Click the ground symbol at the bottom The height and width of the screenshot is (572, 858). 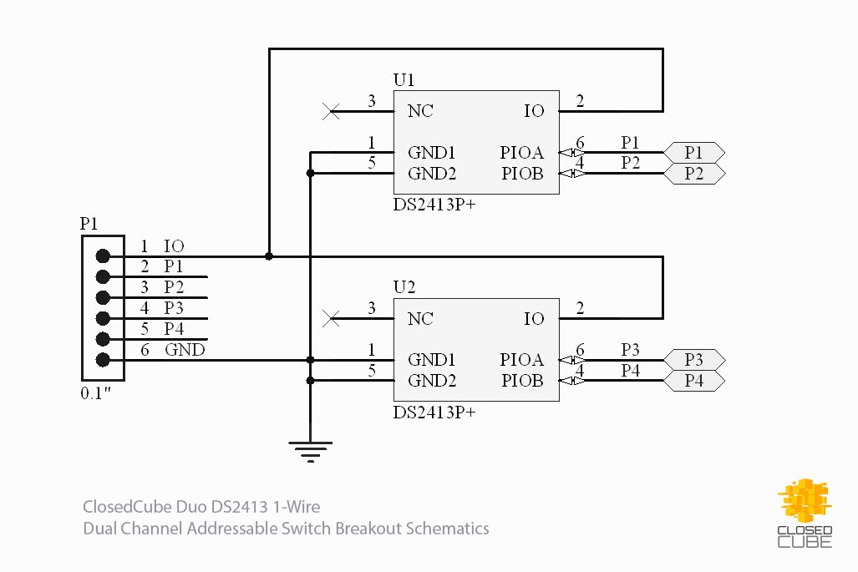[310, 451]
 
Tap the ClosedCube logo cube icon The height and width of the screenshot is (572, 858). [805, 501]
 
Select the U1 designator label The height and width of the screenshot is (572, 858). [404, 80]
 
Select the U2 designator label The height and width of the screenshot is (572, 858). [404, 287]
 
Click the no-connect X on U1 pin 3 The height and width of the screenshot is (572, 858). [331, 110]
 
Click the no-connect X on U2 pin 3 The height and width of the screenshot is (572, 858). [331, 318]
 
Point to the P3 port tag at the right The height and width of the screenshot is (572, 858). [693, 360]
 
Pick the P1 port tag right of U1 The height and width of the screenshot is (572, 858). [693, 153]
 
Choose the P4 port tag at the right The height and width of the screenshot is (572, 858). [693, 381]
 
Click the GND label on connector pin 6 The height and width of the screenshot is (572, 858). [185, 350]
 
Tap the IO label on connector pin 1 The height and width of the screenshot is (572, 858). [174, 246]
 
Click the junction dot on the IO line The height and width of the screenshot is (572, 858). [268, 256]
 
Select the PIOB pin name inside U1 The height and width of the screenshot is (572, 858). [522, 174]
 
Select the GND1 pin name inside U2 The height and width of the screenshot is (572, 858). [431, 360]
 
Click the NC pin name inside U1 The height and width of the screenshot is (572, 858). [420, 110]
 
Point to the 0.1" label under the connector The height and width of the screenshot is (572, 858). [95, 393]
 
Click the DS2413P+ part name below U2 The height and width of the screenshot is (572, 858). [434, 413]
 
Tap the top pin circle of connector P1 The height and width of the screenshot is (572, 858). [103, 256]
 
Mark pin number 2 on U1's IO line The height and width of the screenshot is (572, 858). [580, 102]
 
